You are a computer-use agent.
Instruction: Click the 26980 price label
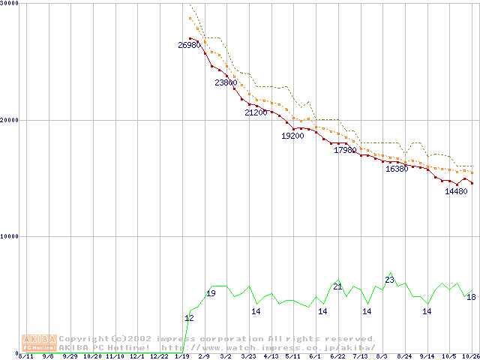[x=189, y=46]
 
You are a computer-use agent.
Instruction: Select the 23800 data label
[x=226, y=82]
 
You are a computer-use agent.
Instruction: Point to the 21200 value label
[x=256, y=112]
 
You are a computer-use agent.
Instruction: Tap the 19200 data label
[x=292, y=136]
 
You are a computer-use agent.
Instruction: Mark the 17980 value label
[x=345, y=150]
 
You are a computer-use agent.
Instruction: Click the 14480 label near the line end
[x=456, y=191]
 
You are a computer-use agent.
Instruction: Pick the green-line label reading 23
[x=389, y=280]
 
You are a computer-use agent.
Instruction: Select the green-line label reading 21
[x=337, y=286]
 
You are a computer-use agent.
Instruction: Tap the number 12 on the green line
[x=189, y=318]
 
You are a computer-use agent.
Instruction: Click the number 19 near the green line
[x=211, y=293]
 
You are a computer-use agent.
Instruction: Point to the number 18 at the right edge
[x=471, y=297]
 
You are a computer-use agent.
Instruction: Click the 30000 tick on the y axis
[x=10, y=4]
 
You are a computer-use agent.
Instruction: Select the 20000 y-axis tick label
[x=10, y=120]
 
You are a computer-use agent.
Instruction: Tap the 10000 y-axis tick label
[x=10, y=236]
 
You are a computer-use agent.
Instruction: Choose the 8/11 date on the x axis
[x=25, y=356]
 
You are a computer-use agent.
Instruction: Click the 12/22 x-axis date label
[x=159, y=356]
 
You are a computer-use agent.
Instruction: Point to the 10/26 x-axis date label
[x=471, y=356]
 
